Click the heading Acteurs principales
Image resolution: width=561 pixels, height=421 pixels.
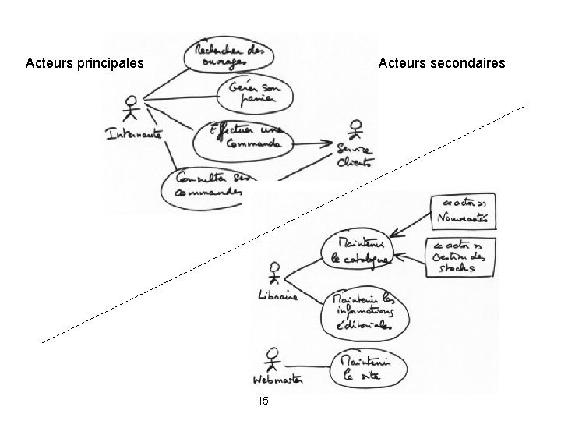pos(84,62)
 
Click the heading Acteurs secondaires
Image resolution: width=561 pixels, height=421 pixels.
pos(442,62)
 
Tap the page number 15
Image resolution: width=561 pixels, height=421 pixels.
pos(263,401)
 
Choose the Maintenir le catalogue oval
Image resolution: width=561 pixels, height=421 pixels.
pos(356,249)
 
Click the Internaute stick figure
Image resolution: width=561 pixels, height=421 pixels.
pos(132,110)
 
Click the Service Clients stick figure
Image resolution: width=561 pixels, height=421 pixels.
pos(355,130)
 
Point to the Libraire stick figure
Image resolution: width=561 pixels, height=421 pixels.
pos(273,273)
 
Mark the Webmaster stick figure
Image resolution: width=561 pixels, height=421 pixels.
pos(271,359)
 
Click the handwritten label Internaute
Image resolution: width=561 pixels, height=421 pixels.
pos(134,134)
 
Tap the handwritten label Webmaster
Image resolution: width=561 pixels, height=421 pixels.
pos(277,380)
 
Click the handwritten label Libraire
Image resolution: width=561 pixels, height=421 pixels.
pos(277,296)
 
